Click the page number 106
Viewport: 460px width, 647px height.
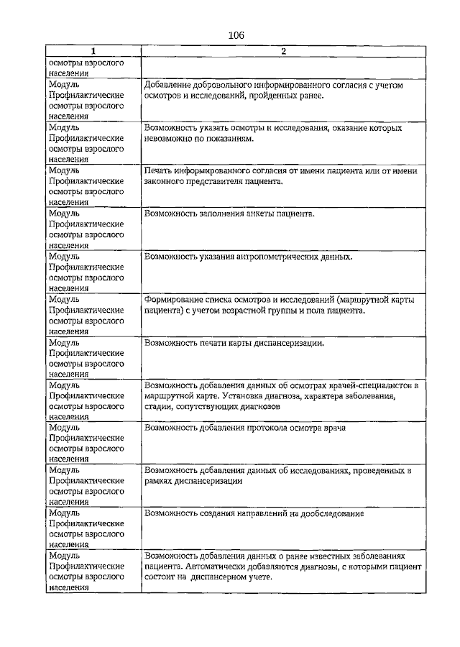pos(236,35)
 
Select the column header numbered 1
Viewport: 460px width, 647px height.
pos(93,51)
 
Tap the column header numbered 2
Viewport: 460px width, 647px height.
pos(283,51)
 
